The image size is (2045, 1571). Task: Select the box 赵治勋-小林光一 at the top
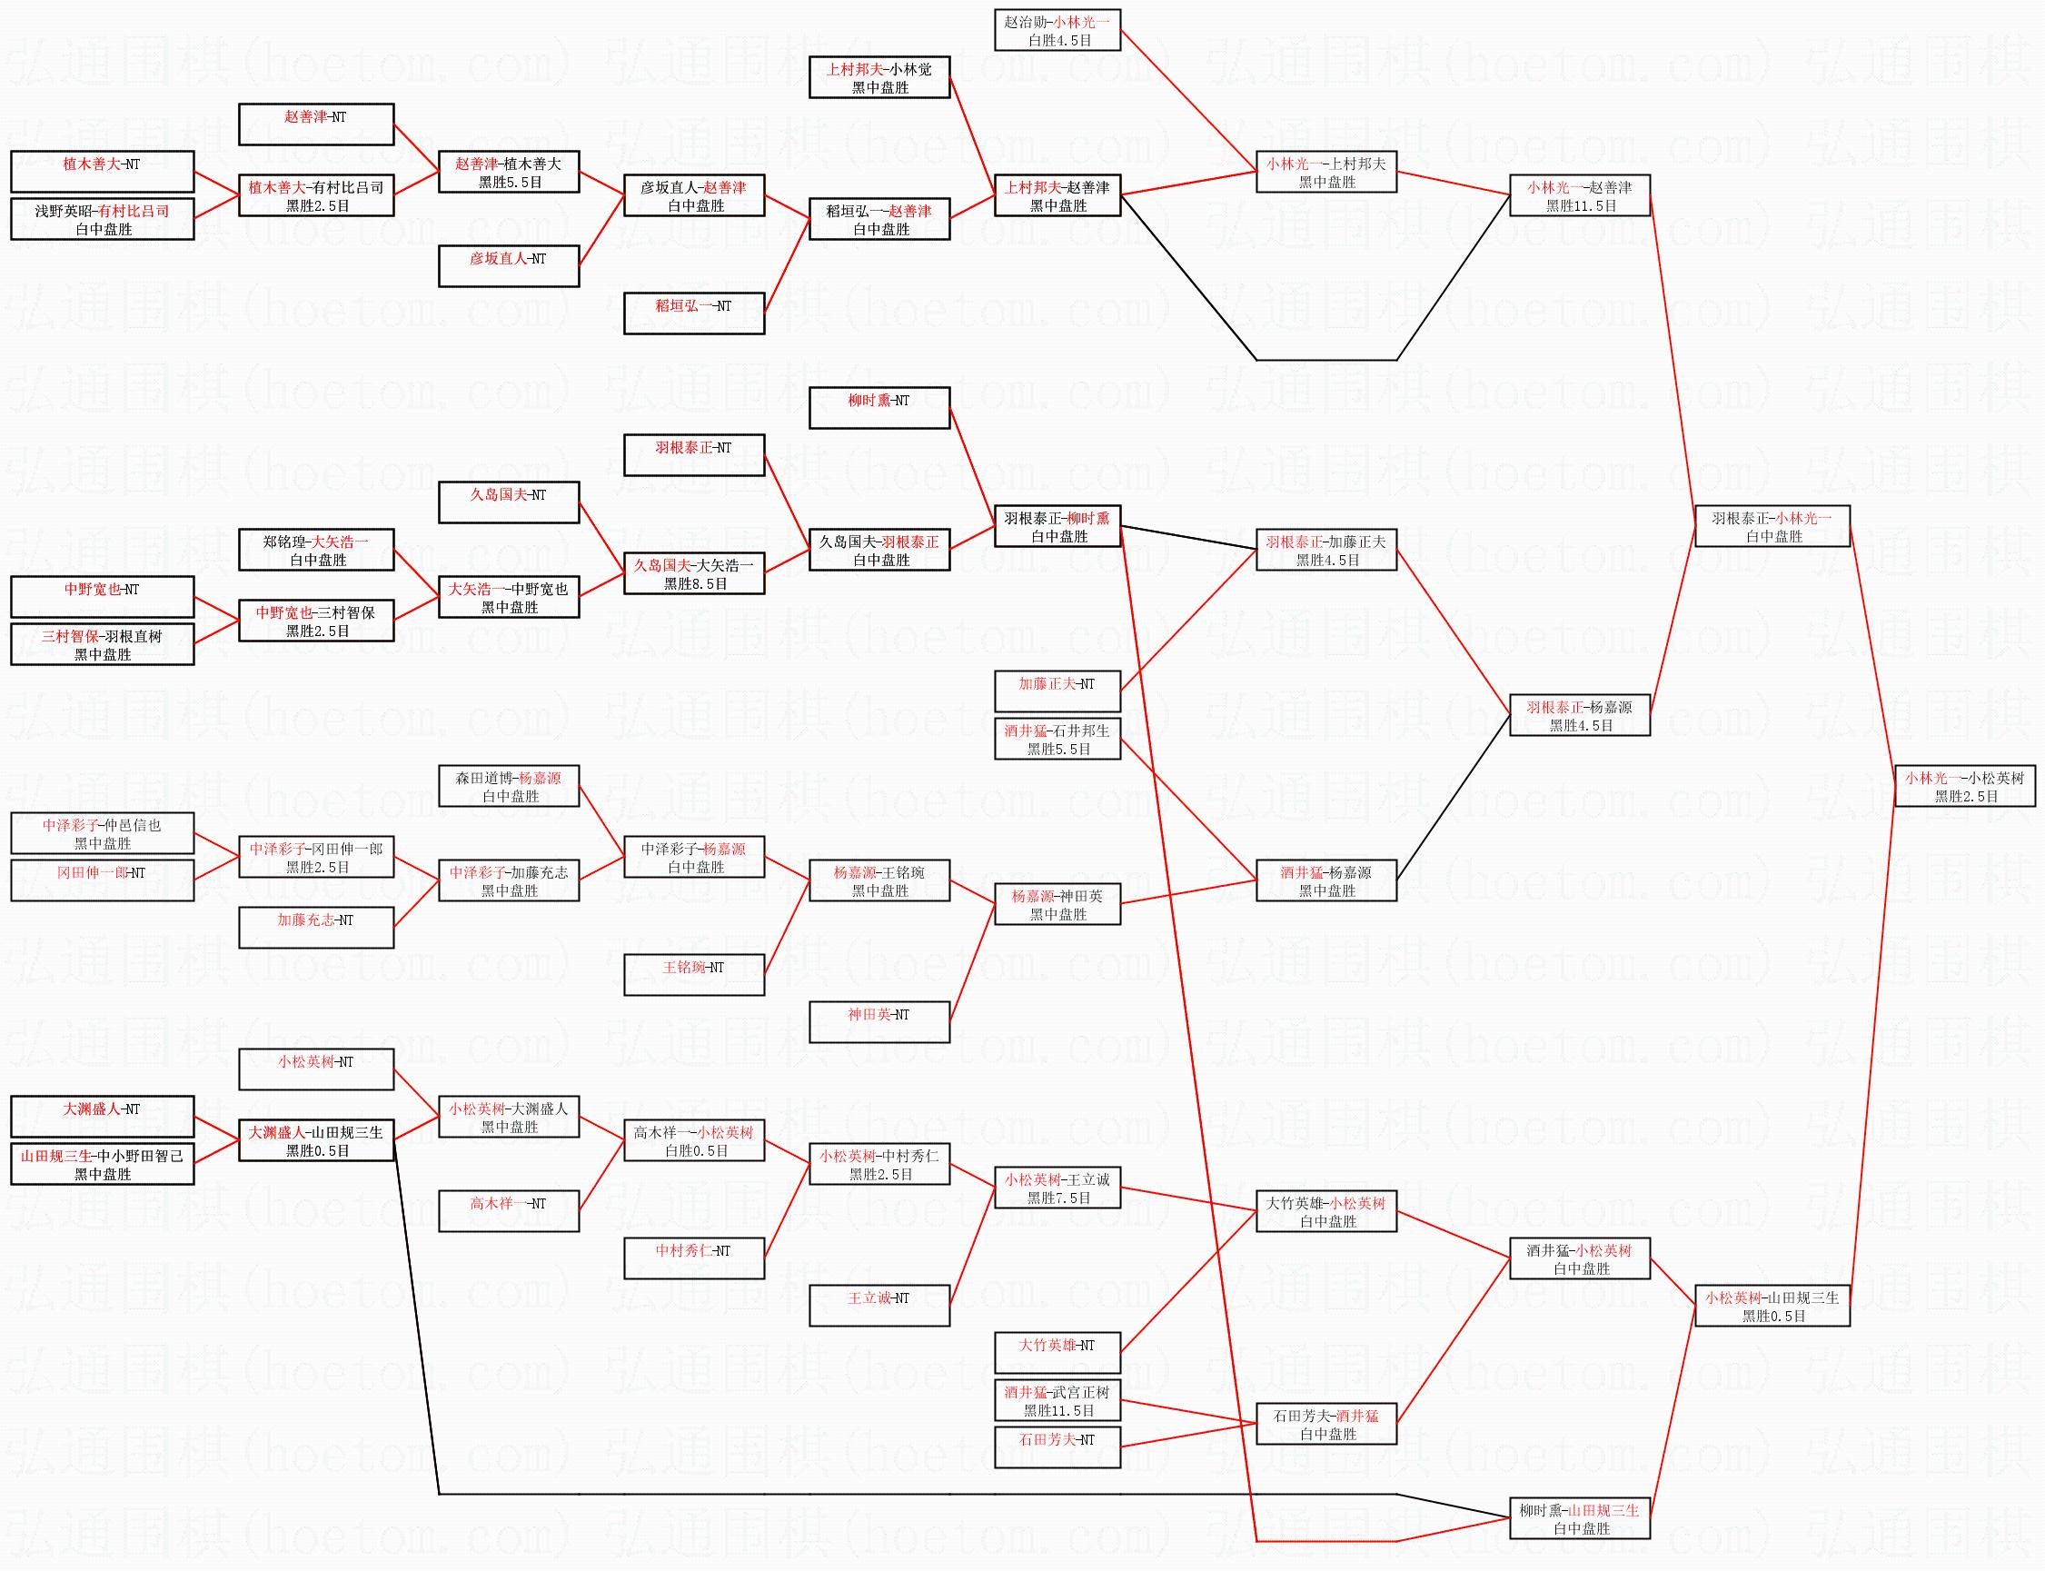click(1057, 30)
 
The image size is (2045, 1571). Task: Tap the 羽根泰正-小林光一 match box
click(1772, 525)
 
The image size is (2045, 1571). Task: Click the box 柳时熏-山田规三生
click(1579, 1518)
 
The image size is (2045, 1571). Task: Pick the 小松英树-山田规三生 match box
click(1772, 1306)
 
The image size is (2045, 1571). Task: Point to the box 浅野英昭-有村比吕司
click(102, 219)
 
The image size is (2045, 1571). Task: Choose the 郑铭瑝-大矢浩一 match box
click(316, 550)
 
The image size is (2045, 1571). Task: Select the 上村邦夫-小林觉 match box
click(879, 77)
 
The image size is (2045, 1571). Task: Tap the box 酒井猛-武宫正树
click(1057, 1401)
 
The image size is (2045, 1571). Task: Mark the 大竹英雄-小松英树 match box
click(1325, 1211)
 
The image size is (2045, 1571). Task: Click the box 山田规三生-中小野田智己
click(102, 1164)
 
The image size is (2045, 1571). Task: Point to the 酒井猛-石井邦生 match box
click(1057, 739)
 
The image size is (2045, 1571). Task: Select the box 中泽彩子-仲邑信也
click(102, 833)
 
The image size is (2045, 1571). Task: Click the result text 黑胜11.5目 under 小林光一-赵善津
click(1580, 205)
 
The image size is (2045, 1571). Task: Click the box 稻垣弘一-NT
click(694, 313)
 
